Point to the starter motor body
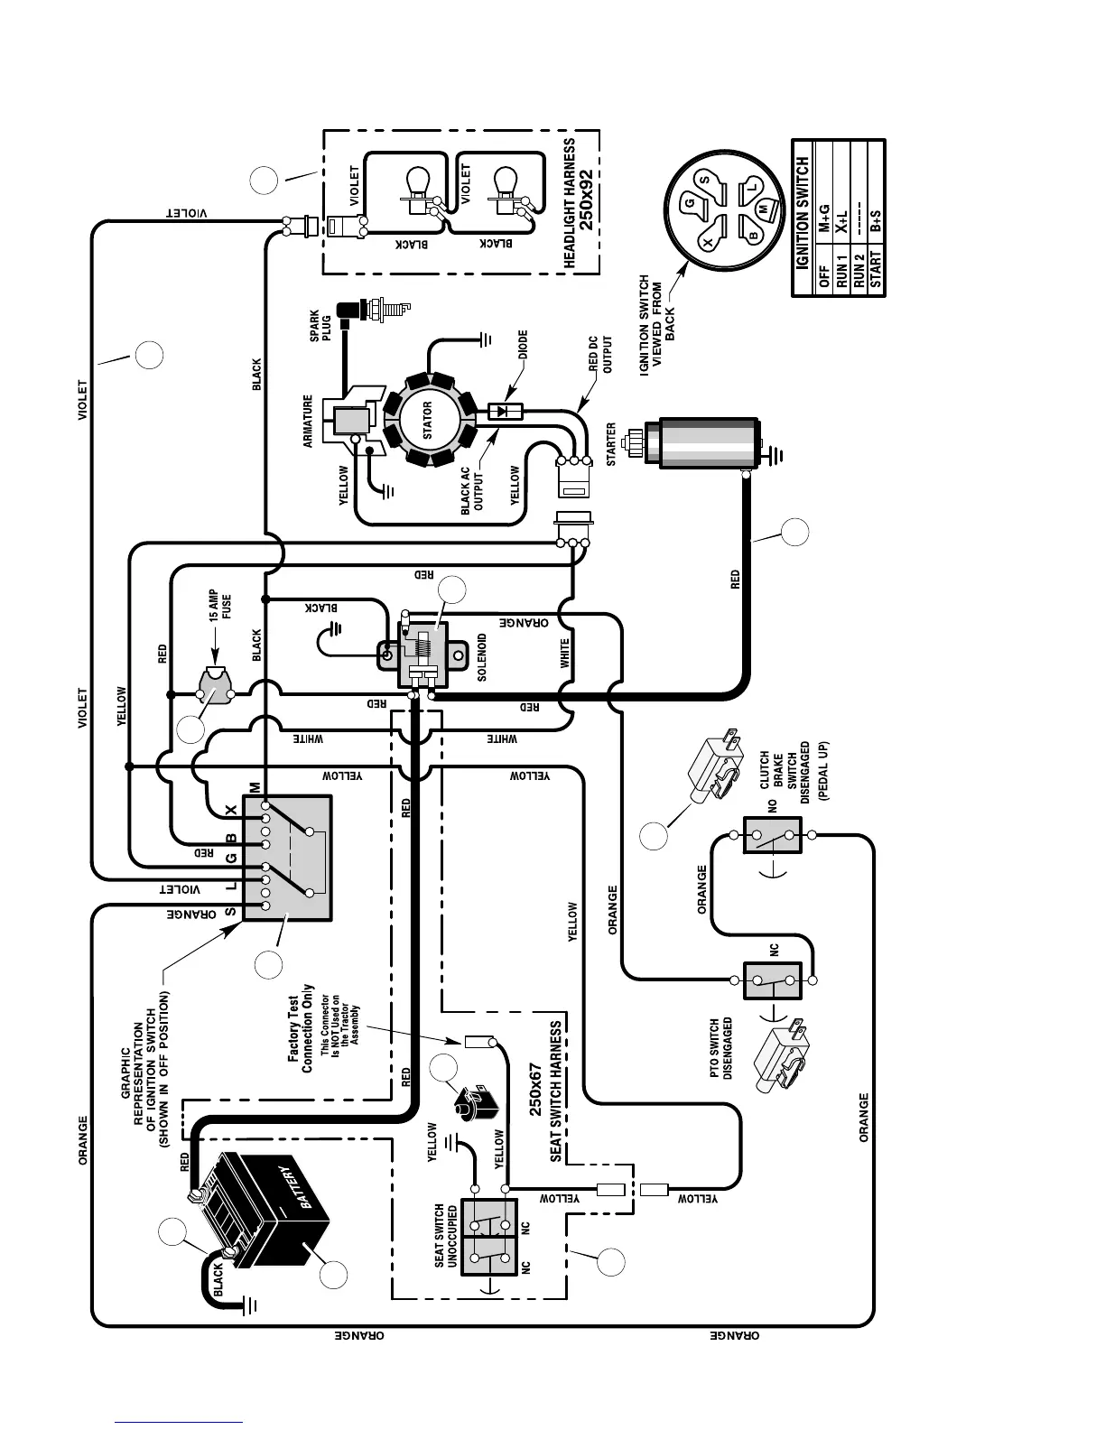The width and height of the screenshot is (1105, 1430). [x=708, y=442]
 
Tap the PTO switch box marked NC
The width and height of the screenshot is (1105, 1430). [x=773, y=980]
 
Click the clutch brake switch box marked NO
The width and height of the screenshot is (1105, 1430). [x=773, y=835]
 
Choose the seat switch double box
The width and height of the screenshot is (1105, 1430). [x=488, y=1237]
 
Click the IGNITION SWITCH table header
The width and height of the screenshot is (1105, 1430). [x=803, y=218]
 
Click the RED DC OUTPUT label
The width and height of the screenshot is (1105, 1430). [x=600, y=355]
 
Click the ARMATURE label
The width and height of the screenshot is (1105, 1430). [x=308, y=421]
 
